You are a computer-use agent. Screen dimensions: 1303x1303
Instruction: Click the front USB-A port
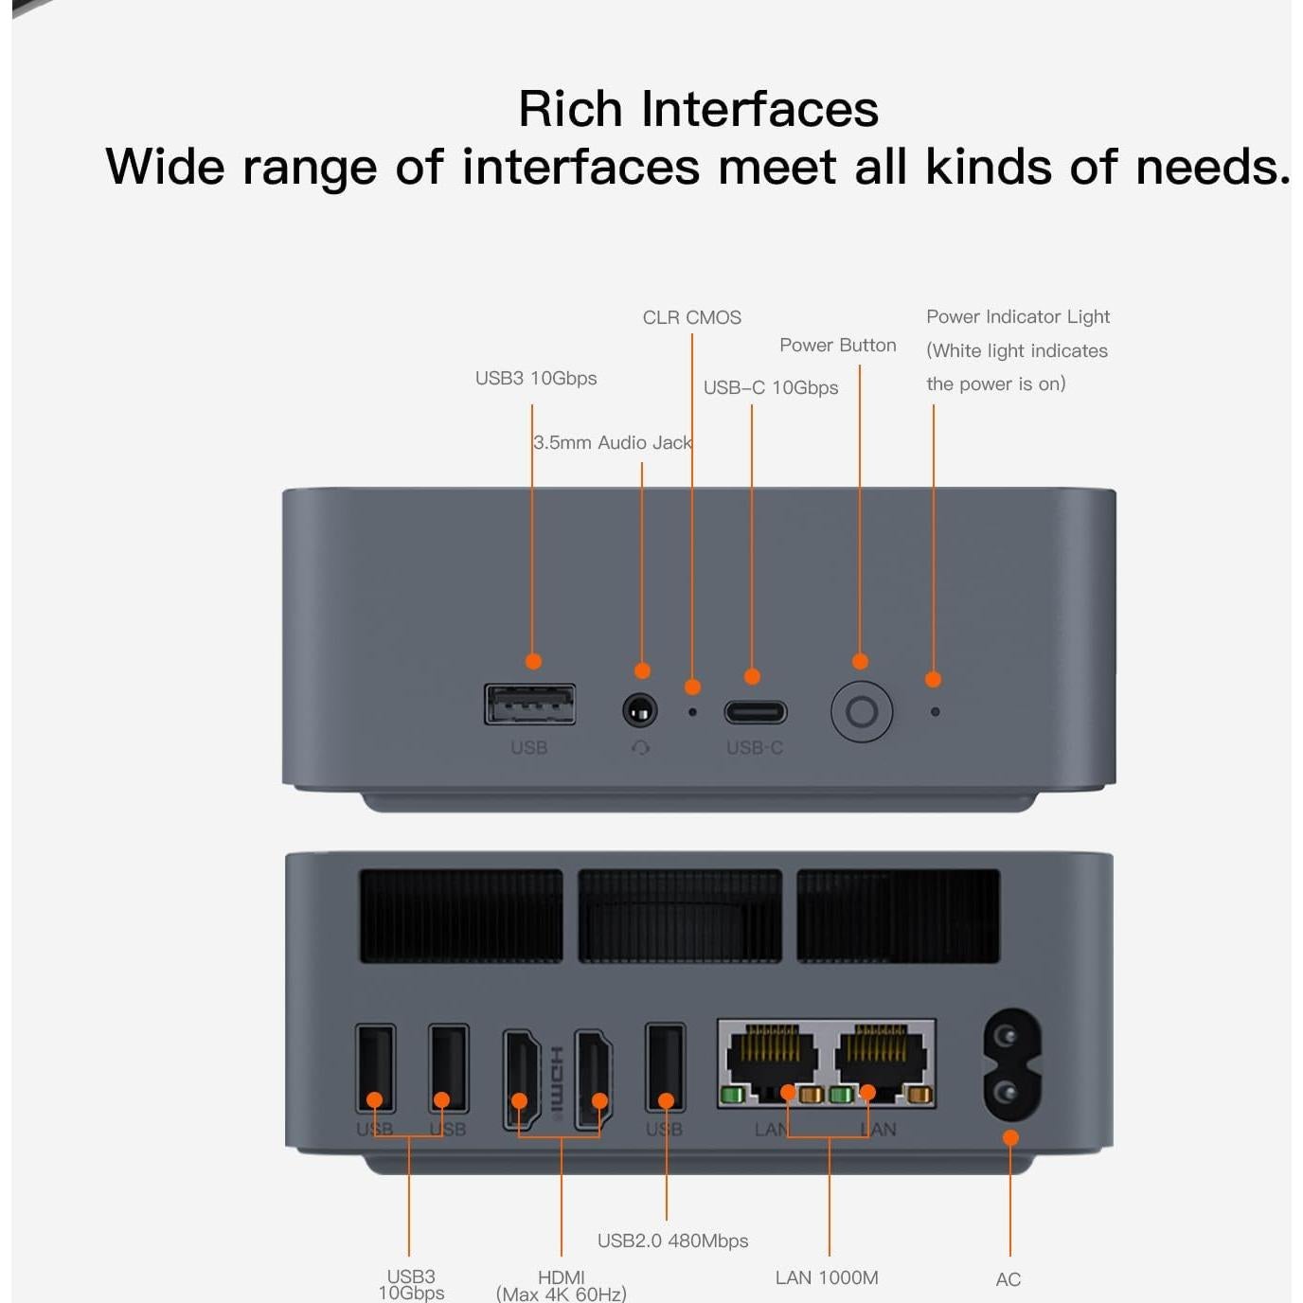[529, 704]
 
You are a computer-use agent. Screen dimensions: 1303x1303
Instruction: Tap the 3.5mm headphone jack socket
[639, 710]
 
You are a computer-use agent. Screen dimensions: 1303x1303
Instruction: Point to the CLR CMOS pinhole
[691, 712]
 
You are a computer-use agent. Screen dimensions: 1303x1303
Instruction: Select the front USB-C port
[756, 712]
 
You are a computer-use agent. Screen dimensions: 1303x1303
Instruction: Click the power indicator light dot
[935, 712]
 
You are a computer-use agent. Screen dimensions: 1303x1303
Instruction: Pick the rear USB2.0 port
[665, 1068]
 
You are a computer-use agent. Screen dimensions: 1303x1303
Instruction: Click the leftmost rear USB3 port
[375, 1068]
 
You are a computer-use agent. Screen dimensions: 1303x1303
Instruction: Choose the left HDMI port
[522, 1080]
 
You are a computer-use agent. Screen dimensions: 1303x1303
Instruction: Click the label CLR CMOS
[691, 317]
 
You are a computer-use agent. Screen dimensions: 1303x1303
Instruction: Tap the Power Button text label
[838, 345]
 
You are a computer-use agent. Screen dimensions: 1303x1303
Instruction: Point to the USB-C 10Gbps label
[771, 387]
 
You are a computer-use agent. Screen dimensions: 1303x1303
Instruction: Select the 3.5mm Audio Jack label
[613, 442]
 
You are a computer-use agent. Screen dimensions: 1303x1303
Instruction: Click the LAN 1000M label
[827, 1277]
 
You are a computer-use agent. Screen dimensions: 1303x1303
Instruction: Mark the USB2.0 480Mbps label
[672, 1241]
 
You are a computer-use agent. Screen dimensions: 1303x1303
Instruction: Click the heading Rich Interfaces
[699, 108]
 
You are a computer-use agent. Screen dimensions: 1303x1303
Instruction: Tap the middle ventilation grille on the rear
[680, 916]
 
